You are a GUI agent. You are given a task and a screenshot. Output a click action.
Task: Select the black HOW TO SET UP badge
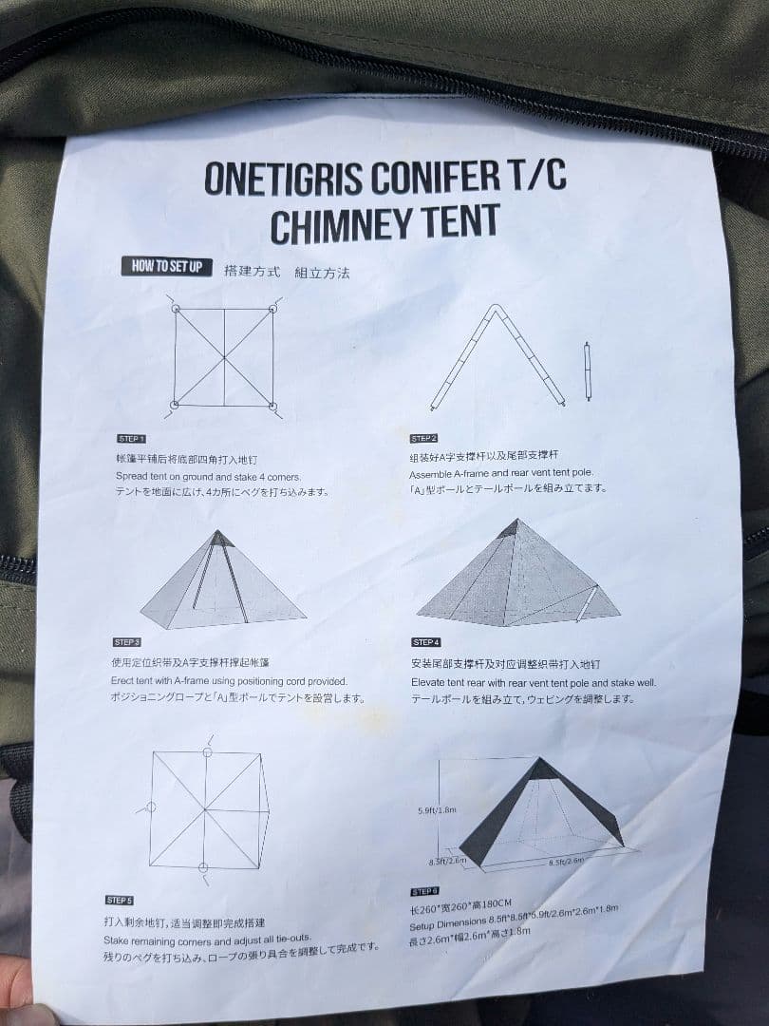pyautogui.click(x=166, y=266)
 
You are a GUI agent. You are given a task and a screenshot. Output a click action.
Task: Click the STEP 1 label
pyautogui.click(x=131, y=439)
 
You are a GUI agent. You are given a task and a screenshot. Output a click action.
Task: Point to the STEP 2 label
pyautogui.click(x=423, y=439)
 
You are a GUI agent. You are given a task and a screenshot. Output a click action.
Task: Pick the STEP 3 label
pyautogui.click(x=126, y=642)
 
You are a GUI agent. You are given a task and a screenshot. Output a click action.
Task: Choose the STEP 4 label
pyautogui.click(x=426, y=642)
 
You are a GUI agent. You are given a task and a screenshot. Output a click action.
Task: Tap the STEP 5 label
pyautogui.click(x=119, y=900)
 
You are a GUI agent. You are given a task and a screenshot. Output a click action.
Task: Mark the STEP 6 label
pyautogui.click(x=423, y=892)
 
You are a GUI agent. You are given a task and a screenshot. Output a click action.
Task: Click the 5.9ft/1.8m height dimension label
pyautogui.click(x=438, y=810)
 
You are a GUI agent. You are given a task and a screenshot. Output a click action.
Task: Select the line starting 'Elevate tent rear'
pyautogui.click(x=533, y=682)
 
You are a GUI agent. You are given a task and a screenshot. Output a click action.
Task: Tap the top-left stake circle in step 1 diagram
pyautogui.click(x=176, y=309)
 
